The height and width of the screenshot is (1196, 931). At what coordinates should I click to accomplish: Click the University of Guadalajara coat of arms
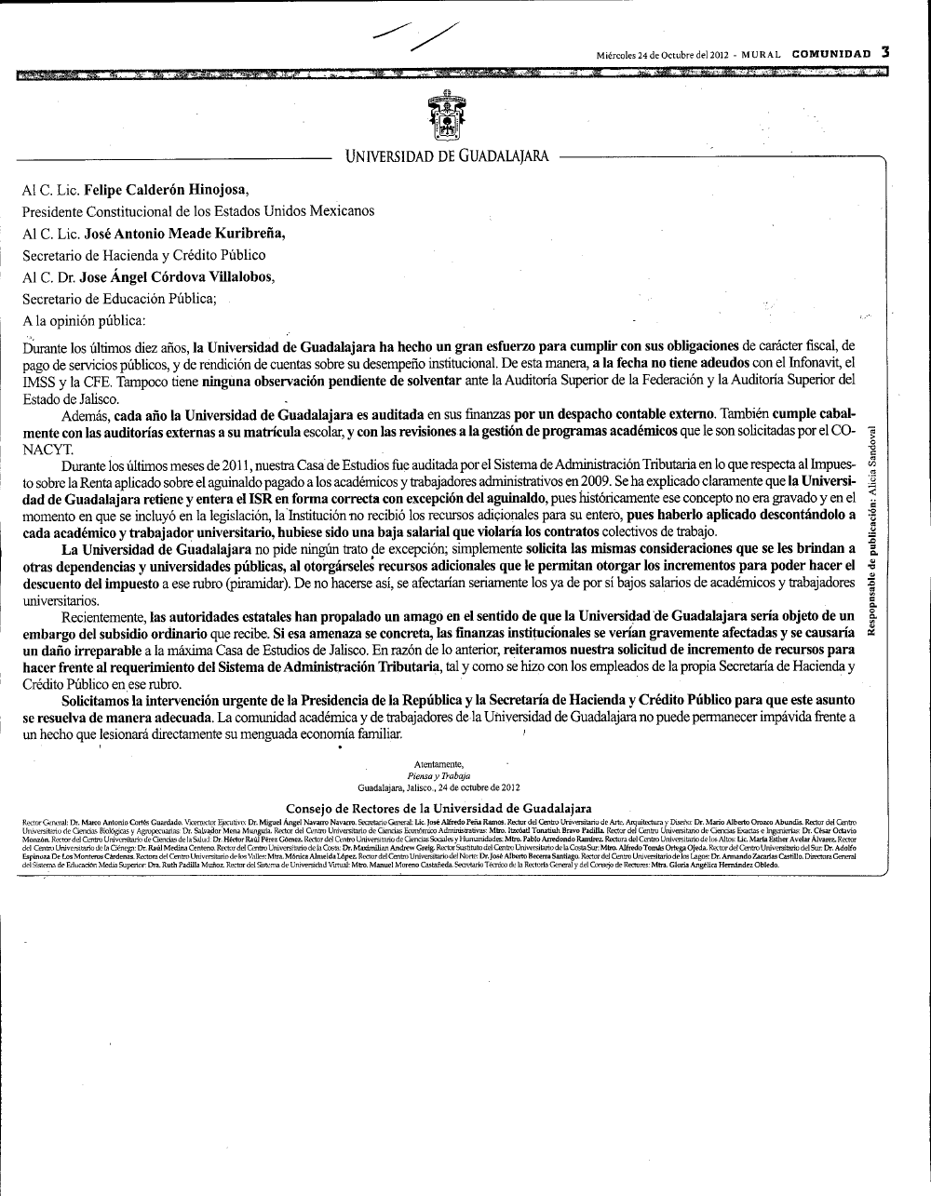(x=447, y=116)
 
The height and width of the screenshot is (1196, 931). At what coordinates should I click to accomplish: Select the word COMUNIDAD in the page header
(x=831, y=54)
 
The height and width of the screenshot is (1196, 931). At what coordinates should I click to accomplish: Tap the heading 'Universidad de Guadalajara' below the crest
(x=447, y=156)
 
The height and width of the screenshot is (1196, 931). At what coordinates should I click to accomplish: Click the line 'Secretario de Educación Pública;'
(x=119, y=299)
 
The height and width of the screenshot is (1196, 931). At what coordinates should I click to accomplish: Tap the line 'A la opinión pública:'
(x=84, y=321)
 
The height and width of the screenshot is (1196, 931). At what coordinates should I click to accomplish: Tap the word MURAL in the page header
(x=761, y=54)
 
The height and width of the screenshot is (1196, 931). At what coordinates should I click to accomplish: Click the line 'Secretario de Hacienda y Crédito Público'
(x=144, y=255)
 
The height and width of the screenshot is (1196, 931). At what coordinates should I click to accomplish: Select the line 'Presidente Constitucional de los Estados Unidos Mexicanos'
(x=198, y=211)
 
